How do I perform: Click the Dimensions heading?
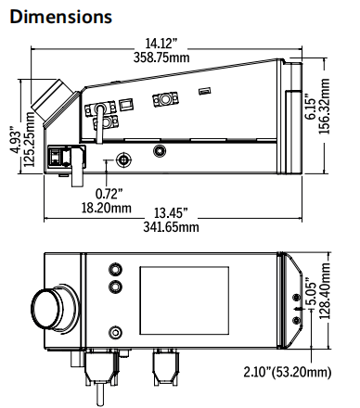[61, 17]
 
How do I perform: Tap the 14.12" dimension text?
[161, 44]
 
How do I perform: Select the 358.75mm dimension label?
[161, 57]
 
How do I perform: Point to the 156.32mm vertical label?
[324, 106]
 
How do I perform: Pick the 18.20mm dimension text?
[107, 208]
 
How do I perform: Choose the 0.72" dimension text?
[109, 194]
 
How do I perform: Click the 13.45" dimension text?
[171, 213]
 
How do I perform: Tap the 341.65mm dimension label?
[171, 227]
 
